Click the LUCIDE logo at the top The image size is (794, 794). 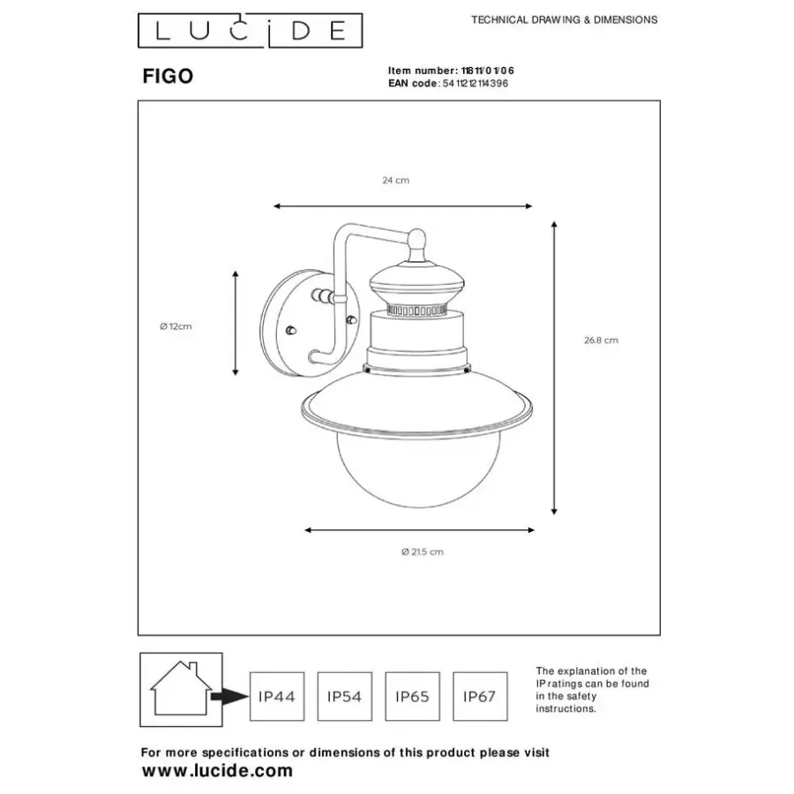251,31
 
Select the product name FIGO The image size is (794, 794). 168,77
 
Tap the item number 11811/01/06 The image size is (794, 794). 488,71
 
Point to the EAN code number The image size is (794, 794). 476,84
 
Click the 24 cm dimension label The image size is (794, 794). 396,180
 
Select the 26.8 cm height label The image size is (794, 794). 601,341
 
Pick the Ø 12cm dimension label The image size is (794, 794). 176,326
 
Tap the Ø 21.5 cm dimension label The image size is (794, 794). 423,552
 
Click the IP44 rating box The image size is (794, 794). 277,696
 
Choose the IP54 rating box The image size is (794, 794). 345,696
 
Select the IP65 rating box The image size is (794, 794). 413,696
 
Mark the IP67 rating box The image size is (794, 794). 480,696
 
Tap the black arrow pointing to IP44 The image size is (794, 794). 229,696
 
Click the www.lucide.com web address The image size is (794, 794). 217,771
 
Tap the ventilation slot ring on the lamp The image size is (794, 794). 417,310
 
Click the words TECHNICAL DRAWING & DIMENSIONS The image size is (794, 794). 564,20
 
